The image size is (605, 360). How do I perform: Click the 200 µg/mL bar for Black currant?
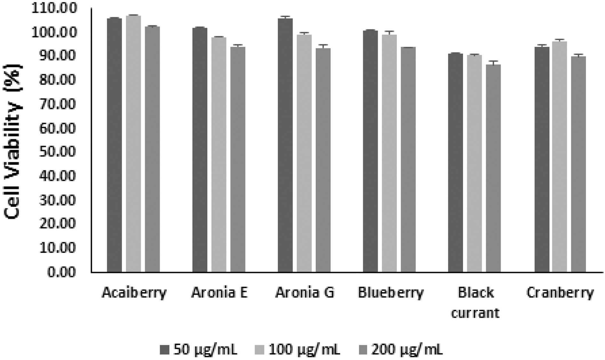click(x=493, y=168)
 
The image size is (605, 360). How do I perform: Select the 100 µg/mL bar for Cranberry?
click(x=560, y=157)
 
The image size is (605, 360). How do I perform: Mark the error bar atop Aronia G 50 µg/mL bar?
click(x=285, y=17)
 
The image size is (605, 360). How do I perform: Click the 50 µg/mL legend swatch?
click(x=164, y=350)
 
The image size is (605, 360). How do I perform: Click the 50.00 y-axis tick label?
click(x=57, y=152)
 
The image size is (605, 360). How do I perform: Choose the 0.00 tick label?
click(x=61, y=272)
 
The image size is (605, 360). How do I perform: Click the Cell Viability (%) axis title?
click(x=13, y=141)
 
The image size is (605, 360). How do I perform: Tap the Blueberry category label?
click(x=391, y=292)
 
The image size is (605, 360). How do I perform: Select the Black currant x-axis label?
click(x=475, y=302)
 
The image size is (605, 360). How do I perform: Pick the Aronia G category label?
click(x=305, y=292)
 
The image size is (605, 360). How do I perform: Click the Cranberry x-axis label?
click(x=560, y=292)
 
